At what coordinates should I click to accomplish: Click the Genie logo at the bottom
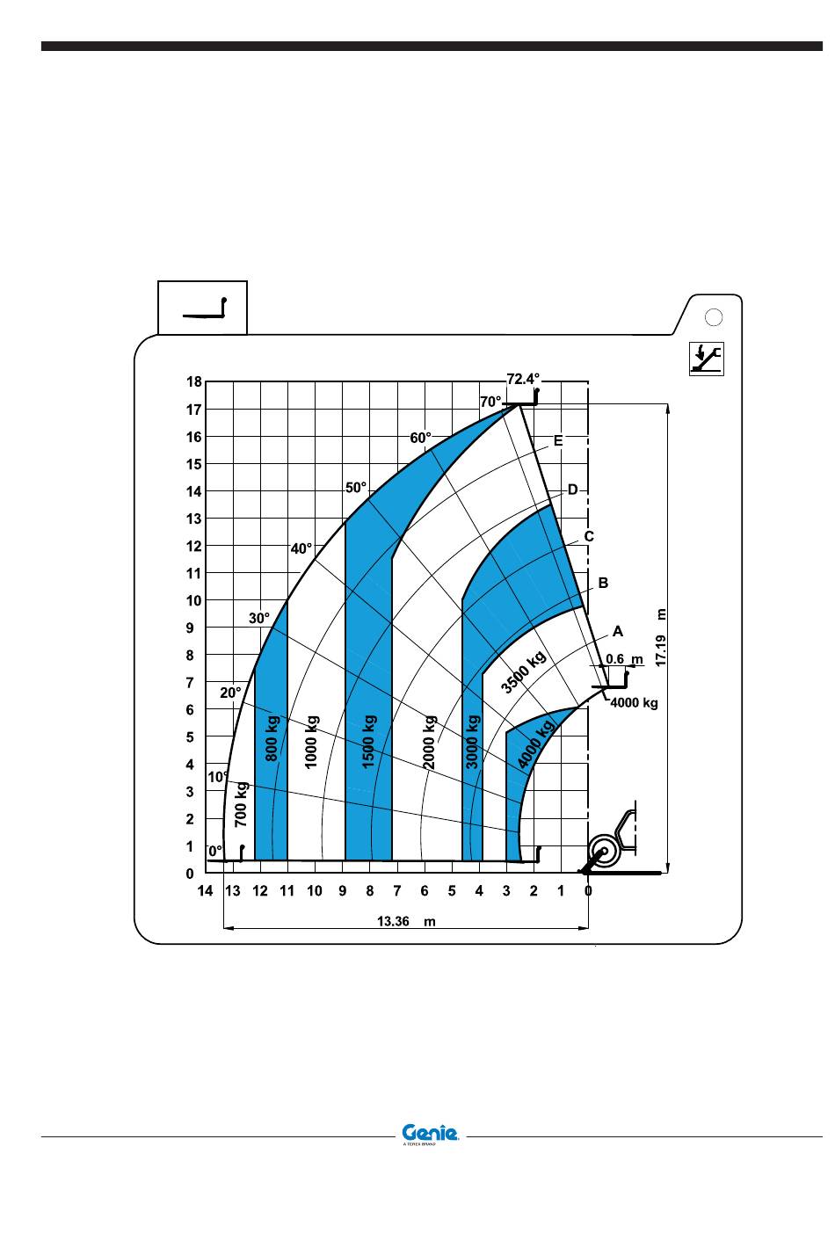click(430, 1133)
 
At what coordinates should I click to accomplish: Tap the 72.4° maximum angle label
click(523, 379)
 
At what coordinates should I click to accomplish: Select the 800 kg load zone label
click(272, 739)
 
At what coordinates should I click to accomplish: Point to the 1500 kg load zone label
click(369, 742)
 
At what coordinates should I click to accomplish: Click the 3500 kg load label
click(523, 672)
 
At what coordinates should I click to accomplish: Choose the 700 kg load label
click(240, 804)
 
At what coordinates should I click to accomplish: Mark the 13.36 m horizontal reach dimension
click(406, 922)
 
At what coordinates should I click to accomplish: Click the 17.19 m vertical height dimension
click(661, 638)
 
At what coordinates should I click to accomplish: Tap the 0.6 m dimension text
click(624, 659)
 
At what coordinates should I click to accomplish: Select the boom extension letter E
click(558, 440)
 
